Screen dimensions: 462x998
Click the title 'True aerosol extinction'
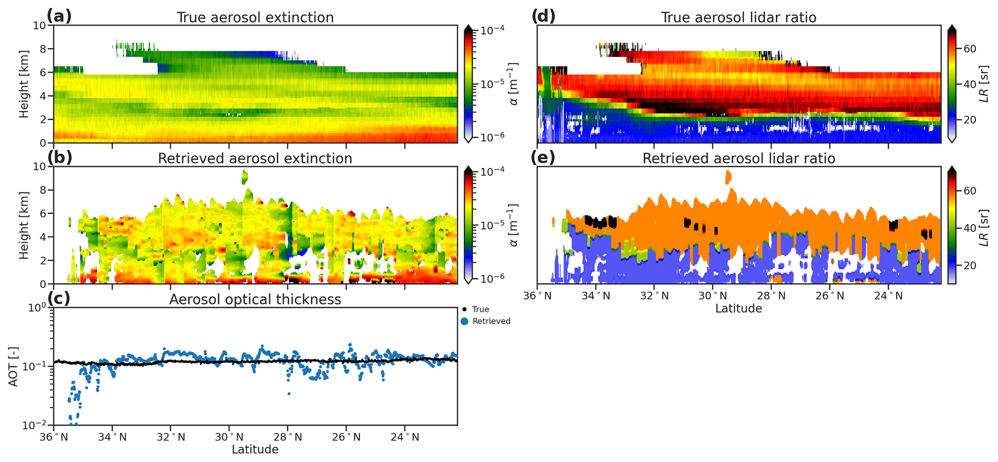(x=255, y=18)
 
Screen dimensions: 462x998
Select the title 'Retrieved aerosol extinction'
(x=255, y=159)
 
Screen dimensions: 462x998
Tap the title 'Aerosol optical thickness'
(x=255, y=299)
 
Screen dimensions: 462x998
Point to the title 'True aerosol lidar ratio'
(x=739, y=18)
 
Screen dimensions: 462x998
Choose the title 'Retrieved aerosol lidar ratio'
(x=739, y=159)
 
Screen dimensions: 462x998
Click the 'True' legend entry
(x=480, y=310)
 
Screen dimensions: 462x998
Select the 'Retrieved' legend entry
(x=491, y=321)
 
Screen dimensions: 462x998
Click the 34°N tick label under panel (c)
(x=112, y=437)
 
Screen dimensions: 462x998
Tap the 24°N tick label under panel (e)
(x=888, y=296)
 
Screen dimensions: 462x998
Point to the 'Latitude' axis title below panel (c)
(x=255, y=449)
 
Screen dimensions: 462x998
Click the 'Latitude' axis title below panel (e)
(x=739, y=309)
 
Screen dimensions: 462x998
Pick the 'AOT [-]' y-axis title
(x=14, y=367)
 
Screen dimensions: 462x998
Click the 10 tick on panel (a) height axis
(x=42, y=26)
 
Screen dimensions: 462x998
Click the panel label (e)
(x=543, y=157)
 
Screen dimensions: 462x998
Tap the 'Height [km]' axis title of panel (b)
(x=24, y=225)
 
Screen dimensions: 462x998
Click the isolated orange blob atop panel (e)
(x=728, y=177)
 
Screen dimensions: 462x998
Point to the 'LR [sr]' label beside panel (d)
(x=985, y=83)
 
